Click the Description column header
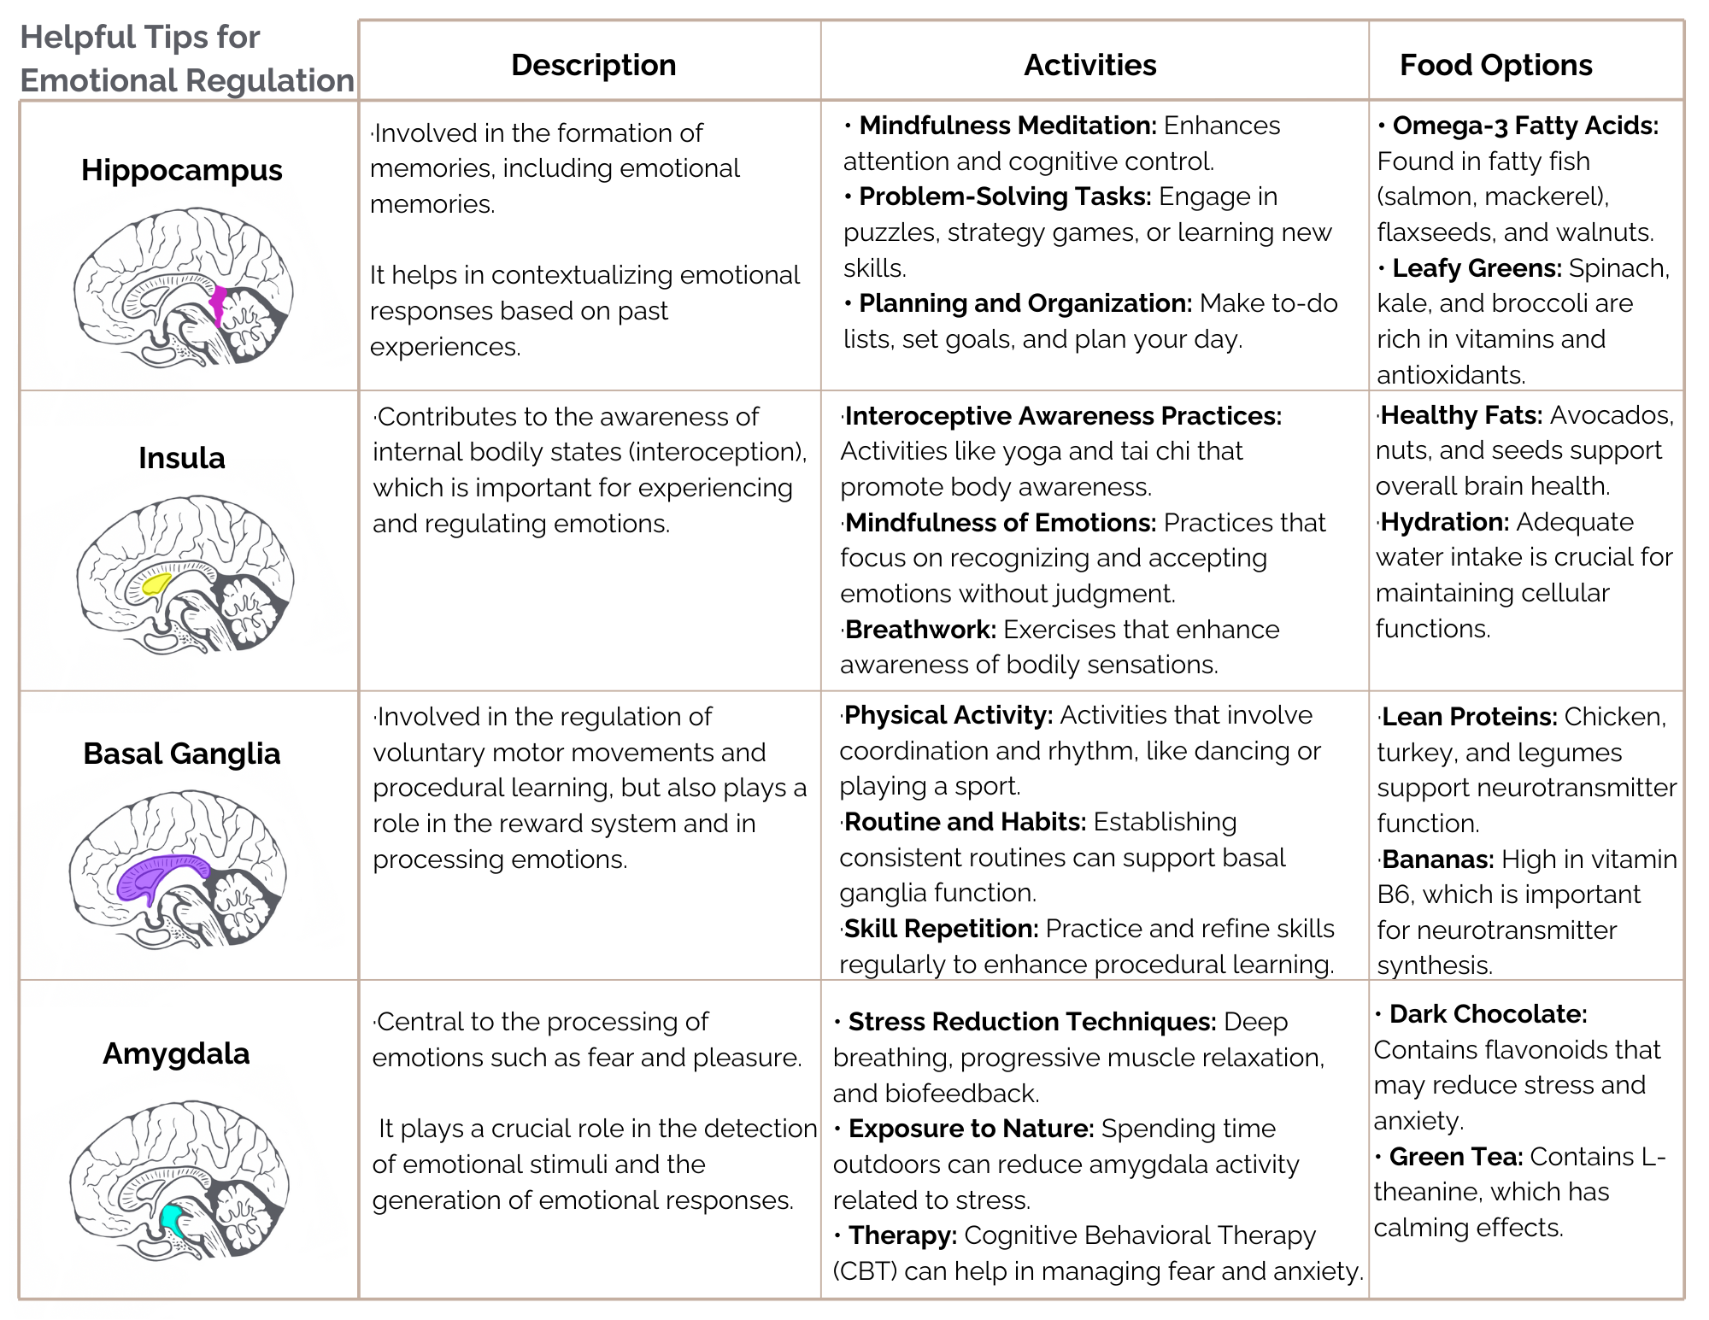pyautogui.click(x=593, y=65)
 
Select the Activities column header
pyautogui.click(x=1089, y=65)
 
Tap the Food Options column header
pyautogui.click(x=1495, y=65)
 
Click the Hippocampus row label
pyautogui.click(x=181, y=170)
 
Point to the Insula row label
pyautogui.click(x=181, y=458)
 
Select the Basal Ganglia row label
pyautogui.click(x=181, y=754)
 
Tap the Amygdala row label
pyautogui.click(x=176, y=1053)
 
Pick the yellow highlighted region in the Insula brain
pyautogui.click(x=156, y=584)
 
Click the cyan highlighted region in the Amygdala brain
pyautogui.click(x=171, y=1217)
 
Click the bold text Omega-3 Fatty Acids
pyautogui.click(x=1525, y=126)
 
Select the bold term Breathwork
pyautogui.click(x=920, y=630)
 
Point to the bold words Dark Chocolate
pyautogui.click(x=1488, y=1014)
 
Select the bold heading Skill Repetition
pyautogui.click(x=941, y=929)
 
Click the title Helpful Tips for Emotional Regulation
pyautogui.click(x=186, y=58)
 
